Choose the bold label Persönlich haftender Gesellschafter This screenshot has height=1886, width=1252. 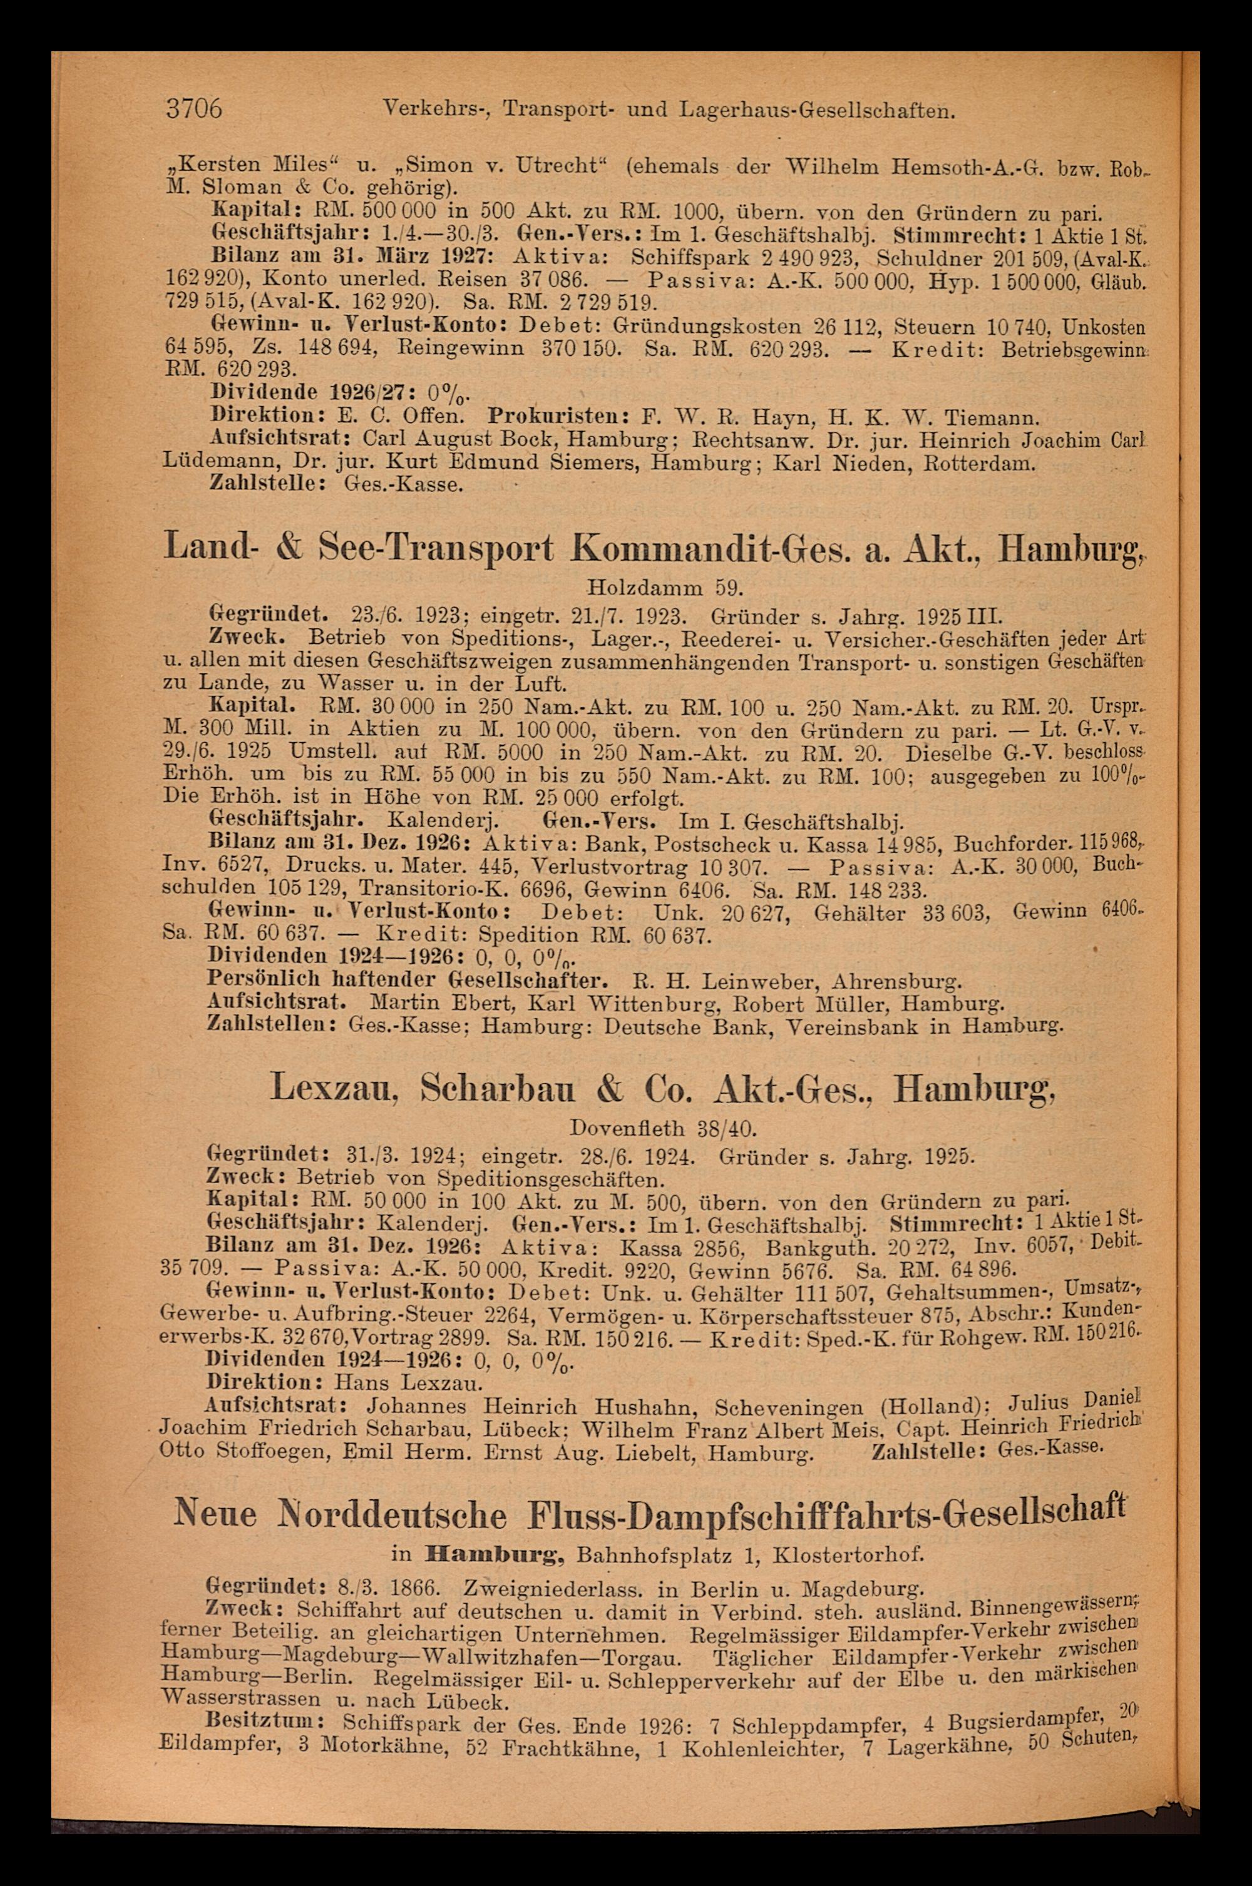409,979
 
